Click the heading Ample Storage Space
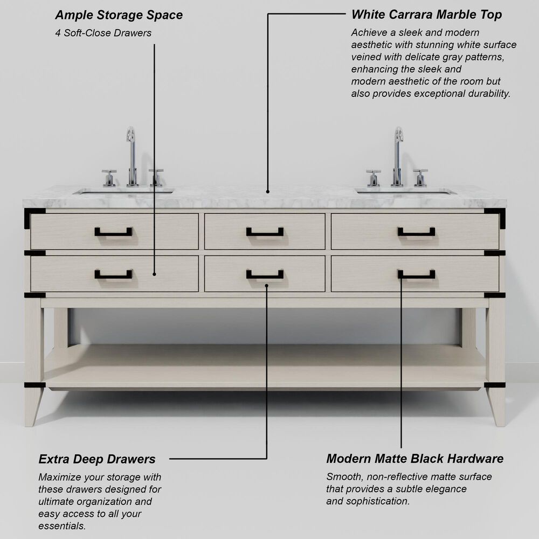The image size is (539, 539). click(119, 15)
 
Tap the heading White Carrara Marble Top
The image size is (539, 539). click(426, 15)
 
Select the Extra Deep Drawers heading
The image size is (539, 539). click(97, 459)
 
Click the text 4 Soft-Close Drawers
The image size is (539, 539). click(103, 33)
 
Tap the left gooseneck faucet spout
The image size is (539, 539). click(131, 154)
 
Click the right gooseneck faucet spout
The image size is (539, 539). click(398, 154)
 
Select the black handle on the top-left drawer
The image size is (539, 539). click(113, 232)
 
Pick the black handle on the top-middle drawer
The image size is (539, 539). click(265, 232)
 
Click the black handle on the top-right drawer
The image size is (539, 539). click(416, 232)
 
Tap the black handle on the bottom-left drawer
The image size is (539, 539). click(113, 275)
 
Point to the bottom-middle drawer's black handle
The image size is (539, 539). click(265, 275)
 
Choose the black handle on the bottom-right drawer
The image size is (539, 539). click(416, 275)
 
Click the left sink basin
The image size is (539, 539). click(123, 190)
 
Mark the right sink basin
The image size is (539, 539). click(405, 190)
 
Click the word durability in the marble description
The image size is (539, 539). click(488, 93)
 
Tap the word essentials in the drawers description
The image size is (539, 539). click(62, 526)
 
